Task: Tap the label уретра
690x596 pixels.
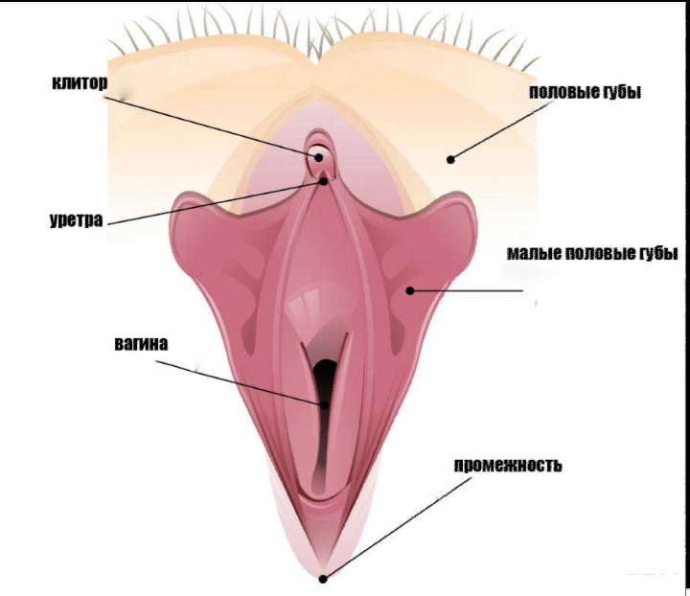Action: pyautogui.click(x=76, y=219)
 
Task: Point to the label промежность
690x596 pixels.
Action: pyautogui.click(x=508, y=467)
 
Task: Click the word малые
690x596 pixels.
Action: pyautogui.click(x=532, y=255)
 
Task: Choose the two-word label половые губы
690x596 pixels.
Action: pyautogui.click(x=585, y=93)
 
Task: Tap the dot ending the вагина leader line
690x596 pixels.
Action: pyautogui.click(x=324, y=404)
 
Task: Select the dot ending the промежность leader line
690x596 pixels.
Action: pyautogui.click(x=324, y=577)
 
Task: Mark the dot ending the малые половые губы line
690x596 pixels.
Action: pyautogui.click(x=409, y=288)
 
